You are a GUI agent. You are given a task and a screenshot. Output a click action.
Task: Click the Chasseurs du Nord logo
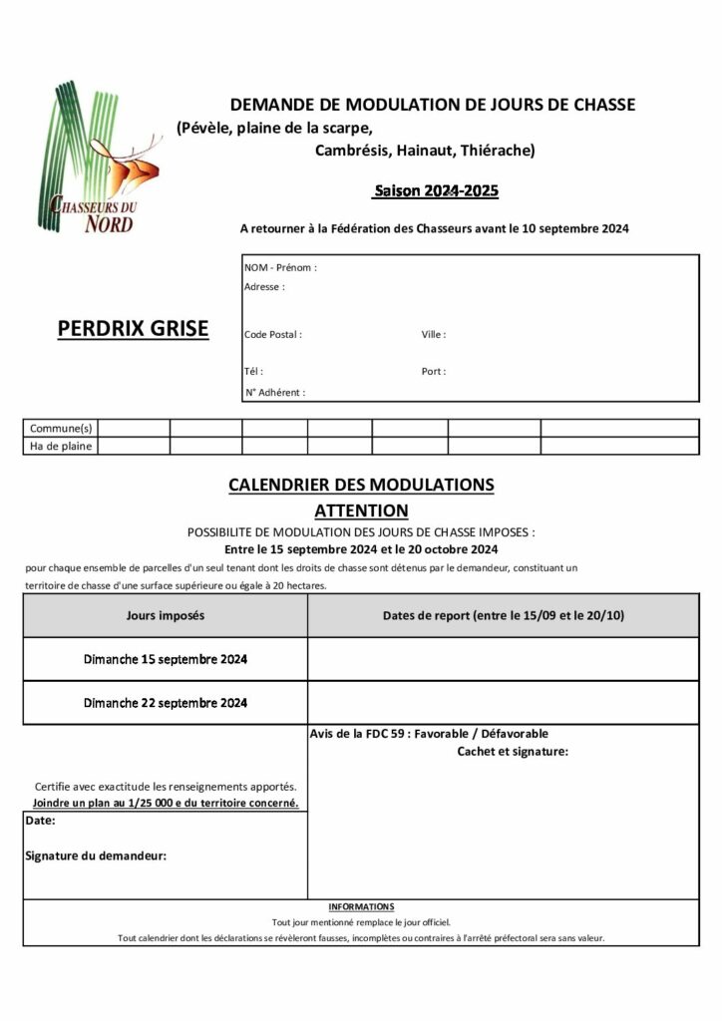tap(100, 160)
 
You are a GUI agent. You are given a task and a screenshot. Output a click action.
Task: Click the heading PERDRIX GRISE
tap(133, 328)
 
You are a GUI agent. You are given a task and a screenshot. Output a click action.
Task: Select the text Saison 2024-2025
tap(436, 189)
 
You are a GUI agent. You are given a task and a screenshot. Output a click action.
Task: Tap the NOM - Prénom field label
tap(280, 268)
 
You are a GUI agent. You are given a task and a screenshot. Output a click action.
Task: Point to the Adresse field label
tap(264, 287)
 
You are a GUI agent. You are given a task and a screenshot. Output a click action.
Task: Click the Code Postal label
tap(273, 335)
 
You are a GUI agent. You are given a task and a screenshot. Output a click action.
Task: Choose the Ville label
tap(434, 335)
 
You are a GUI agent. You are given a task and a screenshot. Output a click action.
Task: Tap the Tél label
tap(253, 371)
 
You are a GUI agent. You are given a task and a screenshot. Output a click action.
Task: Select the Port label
tap(434, 371)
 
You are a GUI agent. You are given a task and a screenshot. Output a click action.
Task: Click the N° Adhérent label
tap(275, 393)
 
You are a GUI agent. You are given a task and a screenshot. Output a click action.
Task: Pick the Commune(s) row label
tap(61, 428)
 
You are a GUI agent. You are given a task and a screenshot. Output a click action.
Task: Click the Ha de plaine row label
tap(61, 447)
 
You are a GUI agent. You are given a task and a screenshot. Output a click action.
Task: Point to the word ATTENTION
tap(361, 510)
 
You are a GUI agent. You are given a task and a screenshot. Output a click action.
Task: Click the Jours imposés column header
tap(166, 616)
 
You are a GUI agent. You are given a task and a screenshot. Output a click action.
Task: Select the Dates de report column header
tap(503, 616)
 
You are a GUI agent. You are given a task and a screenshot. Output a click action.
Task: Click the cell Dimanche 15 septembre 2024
tap(166, 660)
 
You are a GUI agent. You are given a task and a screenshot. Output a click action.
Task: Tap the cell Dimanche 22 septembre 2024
tap(166, 703)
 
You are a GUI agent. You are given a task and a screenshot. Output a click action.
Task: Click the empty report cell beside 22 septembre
tap(503, 703)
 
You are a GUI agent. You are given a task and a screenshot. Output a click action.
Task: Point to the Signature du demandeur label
tap(96, 855)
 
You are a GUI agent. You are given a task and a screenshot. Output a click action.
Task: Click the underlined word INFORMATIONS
tap(361, 907)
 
